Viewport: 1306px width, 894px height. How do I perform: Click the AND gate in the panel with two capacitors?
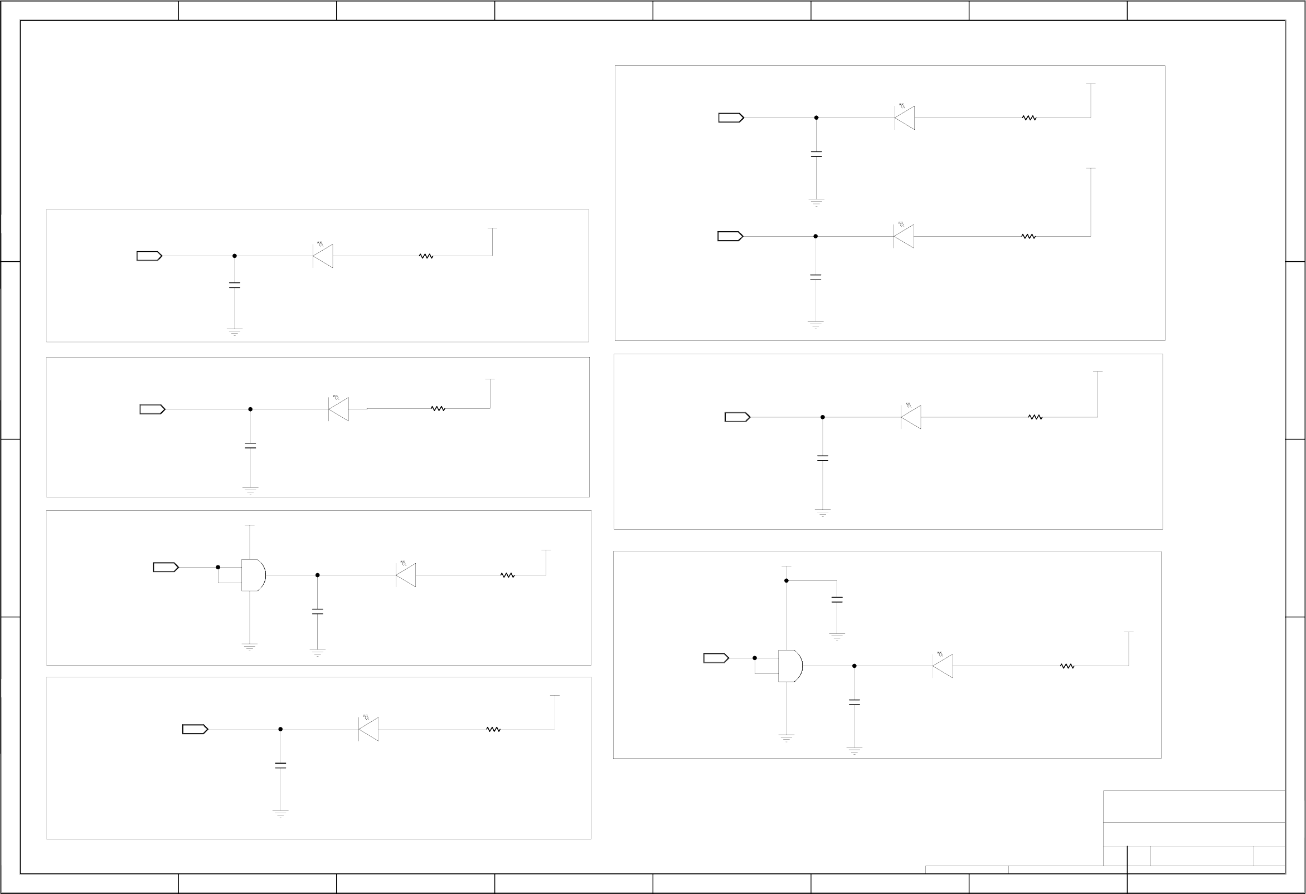click(789, 666)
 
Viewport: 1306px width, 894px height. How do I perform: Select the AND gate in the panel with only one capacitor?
click(253, 575)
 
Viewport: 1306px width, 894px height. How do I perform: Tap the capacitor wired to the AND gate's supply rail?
click(837, 600)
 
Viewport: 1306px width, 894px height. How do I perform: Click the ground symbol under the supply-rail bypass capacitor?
click(837, 637)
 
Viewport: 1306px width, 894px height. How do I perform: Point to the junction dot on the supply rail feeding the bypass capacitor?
click(786, 580)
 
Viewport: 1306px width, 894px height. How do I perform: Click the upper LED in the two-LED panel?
click(905, 118)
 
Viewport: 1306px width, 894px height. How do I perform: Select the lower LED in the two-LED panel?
click(904, 236)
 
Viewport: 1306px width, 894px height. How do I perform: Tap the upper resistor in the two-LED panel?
click(1029, 118)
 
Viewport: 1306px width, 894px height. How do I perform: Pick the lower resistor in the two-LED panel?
click(1028, 236)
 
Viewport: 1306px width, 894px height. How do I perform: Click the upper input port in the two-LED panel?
click(731, 118)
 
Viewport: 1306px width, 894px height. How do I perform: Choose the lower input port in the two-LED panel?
click(730, 236)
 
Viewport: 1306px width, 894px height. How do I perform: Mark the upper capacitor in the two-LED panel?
click(817, 154)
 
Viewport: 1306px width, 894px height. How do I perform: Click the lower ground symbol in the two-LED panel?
click(815, 325)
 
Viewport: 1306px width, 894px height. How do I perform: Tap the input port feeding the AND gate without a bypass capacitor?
click(166, 567)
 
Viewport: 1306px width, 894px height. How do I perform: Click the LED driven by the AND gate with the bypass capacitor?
click(943, 666)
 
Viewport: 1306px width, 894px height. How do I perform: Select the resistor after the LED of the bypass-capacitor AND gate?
click(1067, 666)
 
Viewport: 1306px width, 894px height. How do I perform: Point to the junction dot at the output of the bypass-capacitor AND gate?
click(854, 666)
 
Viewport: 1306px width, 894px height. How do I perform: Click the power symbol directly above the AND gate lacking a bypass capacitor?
click(250, 526)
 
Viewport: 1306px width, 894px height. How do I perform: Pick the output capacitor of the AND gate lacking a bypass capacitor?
click(318, 611)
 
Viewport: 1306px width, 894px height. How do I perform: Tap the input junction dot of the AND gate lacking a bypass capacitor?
click(218, 567)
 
